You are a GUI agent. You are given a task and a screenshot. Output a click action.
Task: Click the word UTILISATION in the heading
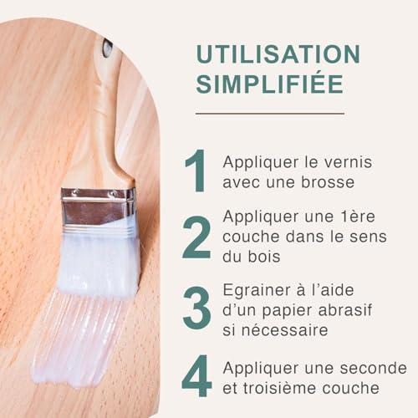[x=278, y=54]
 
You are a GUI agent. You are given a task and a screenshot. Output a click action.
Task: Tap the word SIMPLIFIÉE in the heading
[x=269, y=83]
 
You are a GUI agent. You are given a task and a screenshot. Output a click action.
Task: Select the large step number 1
[x=196, y=171]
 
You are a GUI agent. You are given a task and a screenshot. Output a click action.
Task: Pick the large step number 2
[x=196, y=237]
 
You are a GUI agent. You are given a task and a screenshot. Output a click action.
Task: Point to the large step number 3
[x=196, y=308]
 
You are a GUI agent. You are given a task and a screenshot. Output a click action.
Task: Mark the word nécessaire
[x=284, y=330]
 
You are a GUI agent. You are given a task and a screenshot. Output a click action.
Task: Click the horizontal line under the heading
[x=270, y=114]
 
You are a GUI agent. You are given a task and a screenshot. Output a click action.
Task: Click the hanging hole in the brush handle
[x=107, y=48]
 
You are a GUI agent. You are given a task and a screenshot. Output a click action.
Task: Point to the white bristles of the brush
[x=99, y=262]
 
